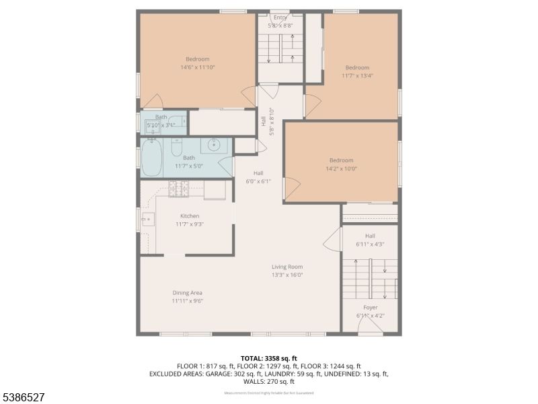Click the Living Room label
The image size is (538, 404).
[287, 267]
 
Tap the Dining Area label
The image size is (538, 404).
[187, 293]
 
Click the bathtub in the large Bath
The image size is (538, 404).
[153, 157]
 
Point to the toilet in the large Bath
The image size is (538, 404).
[176, 146]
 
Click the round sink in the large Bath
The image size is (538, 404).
[214, 145]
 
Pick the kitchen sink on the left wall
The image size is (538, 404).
[149, 219]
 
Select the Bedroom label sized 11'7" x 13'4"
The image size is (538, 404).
[357, 67]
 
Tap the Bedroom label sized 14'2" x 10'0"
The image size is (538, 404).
[341, 160]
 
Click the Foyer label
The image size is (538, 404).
[370, 307]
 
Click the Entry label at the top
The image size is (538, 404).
[280, 18]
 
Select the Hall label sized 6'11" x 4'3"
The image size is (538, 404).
[370, 236]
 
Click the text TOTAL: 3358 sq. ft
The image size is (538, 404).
[268, 358]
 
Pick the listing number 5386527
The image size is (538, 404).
[24, 397]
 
